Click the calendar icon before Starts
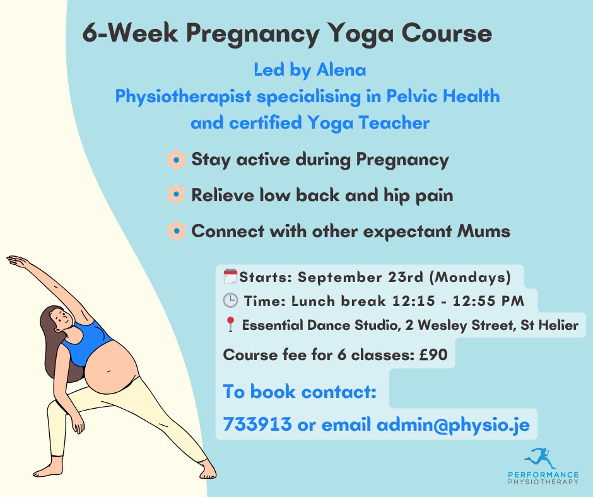coord(230,276)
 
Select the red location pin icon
coord(230,325)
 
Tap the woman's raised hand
coord(15,260)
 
